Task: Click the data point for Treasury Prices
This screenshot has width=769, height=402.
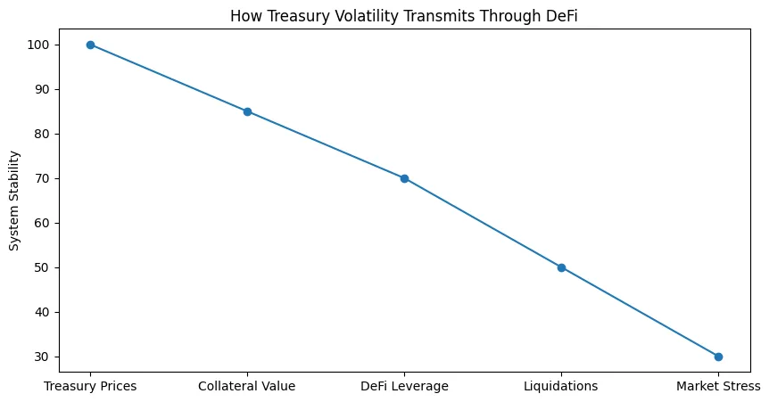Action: tap(90, 45)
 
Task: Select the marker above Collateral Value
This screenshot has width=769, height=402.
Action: tap(247, 111)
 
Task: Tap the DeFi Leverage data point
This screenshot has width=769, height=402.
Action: tap(404, 178)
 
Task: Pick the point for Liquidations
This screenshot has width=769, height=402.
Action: tap(561, 267)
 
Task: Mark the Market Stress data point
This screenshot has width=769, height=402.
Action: tap(718, 357)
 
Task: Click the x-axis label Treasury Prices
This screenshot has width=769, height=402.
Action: tap(90, 386)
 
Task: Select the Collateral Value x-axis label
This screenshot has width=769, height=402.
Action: tap(247, 386)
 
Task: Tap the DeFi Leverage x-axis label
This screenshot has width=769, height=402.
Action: tap(404, 386)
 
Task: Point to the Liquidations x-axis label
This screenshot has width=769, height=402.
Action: tap(561, 386)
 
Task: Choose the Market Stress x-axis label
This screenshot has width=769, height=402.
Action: tap(718, 386)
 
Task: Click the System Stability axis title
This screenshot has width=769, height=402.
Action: tap(14, 201)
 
